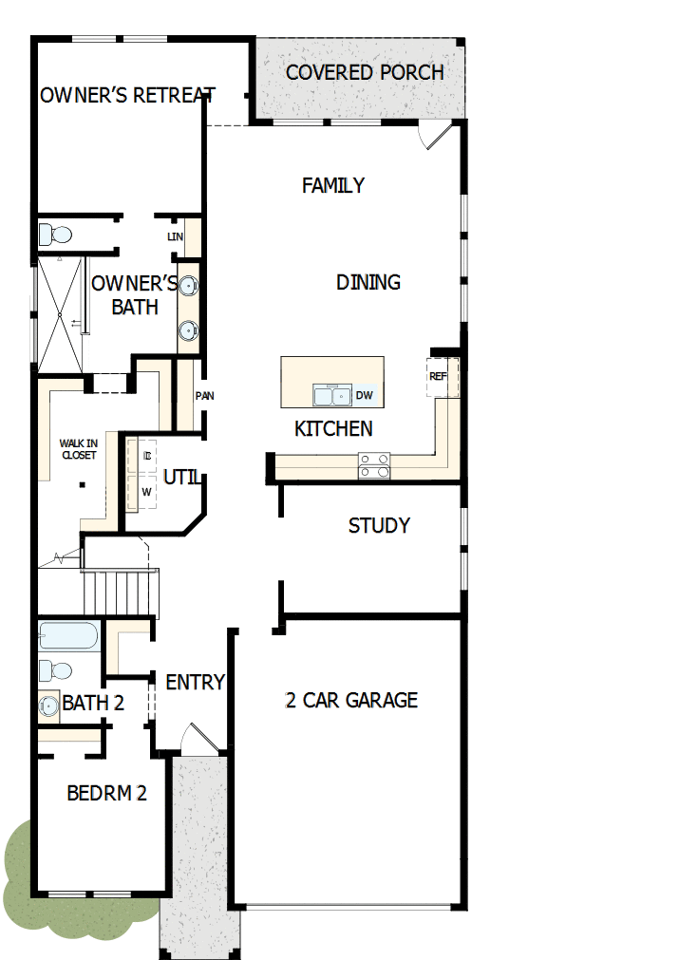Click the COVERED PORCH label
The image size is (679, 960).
pos(365,72)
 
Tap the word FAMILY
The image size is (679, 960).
pos(332,185)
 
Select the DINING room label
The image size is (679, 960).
pos(368,282)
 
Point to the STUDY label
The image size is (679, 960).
pos(379,525)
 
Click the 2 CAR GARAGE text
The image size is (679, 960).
pos(351,701)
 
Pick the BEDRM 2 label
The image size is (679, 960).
pos(106,793)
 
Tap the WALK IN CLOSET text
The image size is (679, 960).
pos(78,449)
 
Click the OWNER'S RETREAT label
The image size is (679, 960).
pos(127,95)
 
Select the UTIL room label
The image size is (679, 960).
pos(180,477)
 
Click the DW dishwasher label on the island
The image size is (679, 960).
pos(365,395)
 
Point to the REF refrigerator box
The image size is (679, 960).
pos(439,377)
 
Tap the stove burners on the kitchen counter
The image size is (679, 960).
pos(374,465)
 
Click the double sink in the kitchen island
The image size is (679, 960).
pos(332,395)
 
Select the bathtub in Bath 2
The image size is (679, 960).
pos(68,635)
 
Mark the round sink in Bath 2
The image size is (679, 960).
pos(48,706)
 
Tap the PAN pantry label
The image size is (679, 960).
pos(204,396)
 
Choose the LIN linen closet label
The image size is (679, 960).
pos(175,236)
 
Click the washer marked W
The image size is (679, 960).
pos(146,492)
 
